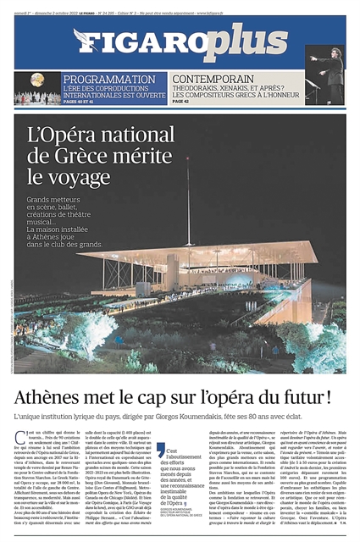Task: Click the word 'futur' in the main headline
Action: click(x=306, y=395)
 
